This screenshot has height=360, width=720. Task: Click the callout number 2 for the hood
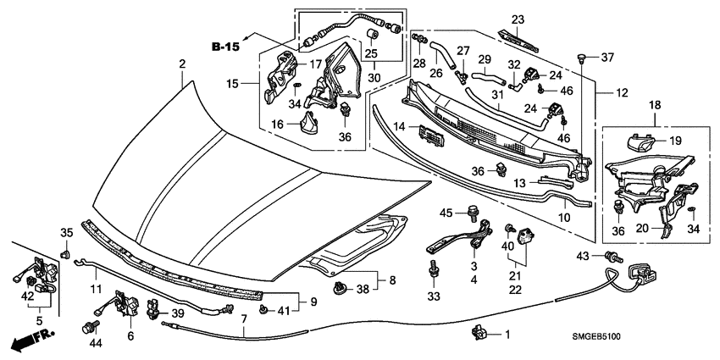[x=181, y=64]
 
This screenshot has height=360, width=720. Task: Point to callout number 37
[x=607, y=58]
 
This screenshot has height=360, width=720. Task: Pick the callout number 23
[x=518, y=19]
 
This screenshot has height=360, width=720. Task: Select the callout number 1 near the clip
[x=507, y=335]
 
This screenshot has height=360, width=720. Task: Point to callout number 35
[x=65, y=232]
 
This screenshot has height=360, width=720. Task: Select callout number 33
[x=434, y=297]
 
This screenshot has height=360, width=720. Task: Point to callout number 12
[x=622, y=91]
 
